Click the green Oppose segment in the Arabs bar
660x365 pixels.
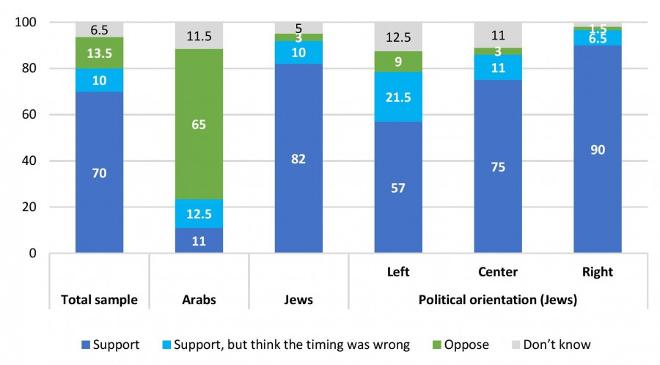point(199,125)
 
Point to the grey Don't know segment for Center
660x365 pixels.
point(498,34)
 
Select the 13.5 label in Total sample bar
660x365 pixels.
point(99,54)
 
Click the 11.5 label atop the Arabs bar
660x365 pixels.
point(199,34)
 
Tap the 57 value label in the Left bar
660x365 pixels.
point(398,188)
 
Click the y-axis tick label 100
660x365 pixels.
point(26,23)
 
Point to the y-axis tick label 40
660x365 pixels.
point(29,161)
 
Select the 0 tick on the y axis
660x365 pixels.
point(32,254)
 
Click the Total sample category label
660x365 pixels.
point(99,300)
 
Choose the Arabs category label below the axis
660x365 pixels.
point(199,300)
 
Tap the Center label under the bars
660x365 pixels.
point(498,272)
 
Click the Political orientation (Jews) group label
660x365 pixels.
point(498,300)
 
